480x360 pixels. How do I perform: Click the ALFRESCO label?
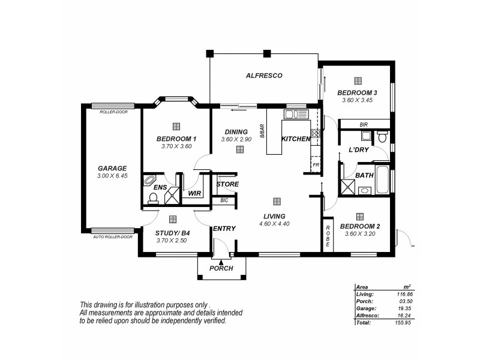point(264,76)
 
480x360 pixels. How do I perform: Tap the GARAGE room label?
point(112,168)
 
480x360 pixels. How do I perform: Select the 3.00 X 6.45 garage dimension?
point(112,176)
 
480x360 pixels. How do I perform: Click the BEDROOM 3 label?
point(357,92)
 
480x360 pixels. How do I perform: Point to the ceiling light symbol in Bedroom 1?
point(176,126)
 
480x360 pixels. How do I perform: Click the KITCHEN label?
point(296,139)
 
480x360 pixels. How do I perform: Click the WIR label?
point(194,194)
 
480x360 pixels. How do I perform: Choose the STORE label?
point(227,184)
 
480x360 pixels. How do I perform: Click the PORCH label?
point(221,268)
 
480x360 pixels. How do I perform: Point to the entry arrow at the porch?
point(221,262)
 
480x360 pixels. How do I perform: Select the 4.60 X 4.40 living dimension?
point(274,224)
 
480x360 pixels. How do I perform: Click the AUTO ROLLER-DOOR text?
point(112,236)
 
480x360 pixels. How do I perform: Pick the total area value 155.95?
point(401,322)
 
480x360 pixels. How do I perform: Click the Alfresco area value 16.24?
point(402,315)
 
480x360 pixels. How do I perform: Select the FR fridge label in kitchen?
point(315,164)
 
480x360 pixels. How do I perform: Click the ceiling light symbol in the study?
point(173,220)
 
